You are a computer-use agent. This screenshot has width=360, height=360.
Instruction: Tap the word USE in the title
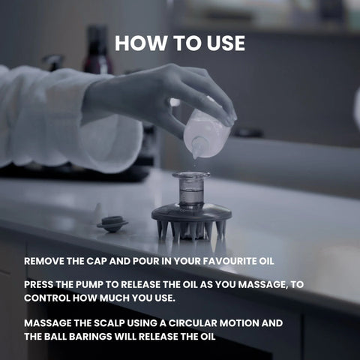(x=226, y=43)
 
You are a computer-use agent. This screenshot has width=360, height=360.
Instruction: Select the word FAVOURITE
(x=226, y=261)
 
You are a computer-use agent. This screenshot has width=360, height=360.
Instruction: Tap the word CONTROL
(x=47, y=298)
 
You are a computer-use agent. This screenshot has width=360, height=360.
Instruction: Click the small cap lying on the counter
(x=112, y=223)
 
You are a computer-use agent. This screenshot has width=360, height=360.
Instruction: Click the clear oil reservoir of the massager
(x=191, y=191)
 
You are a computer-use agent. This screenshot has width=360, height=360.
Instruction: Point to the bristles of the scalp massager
(x=191, y=231)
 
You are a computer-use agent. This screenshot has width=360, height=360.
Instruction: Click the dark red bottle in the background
(x=97, y=50)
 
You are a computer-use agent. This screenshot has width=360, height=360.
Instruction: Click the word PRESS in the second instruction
(x=38, y=284)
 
